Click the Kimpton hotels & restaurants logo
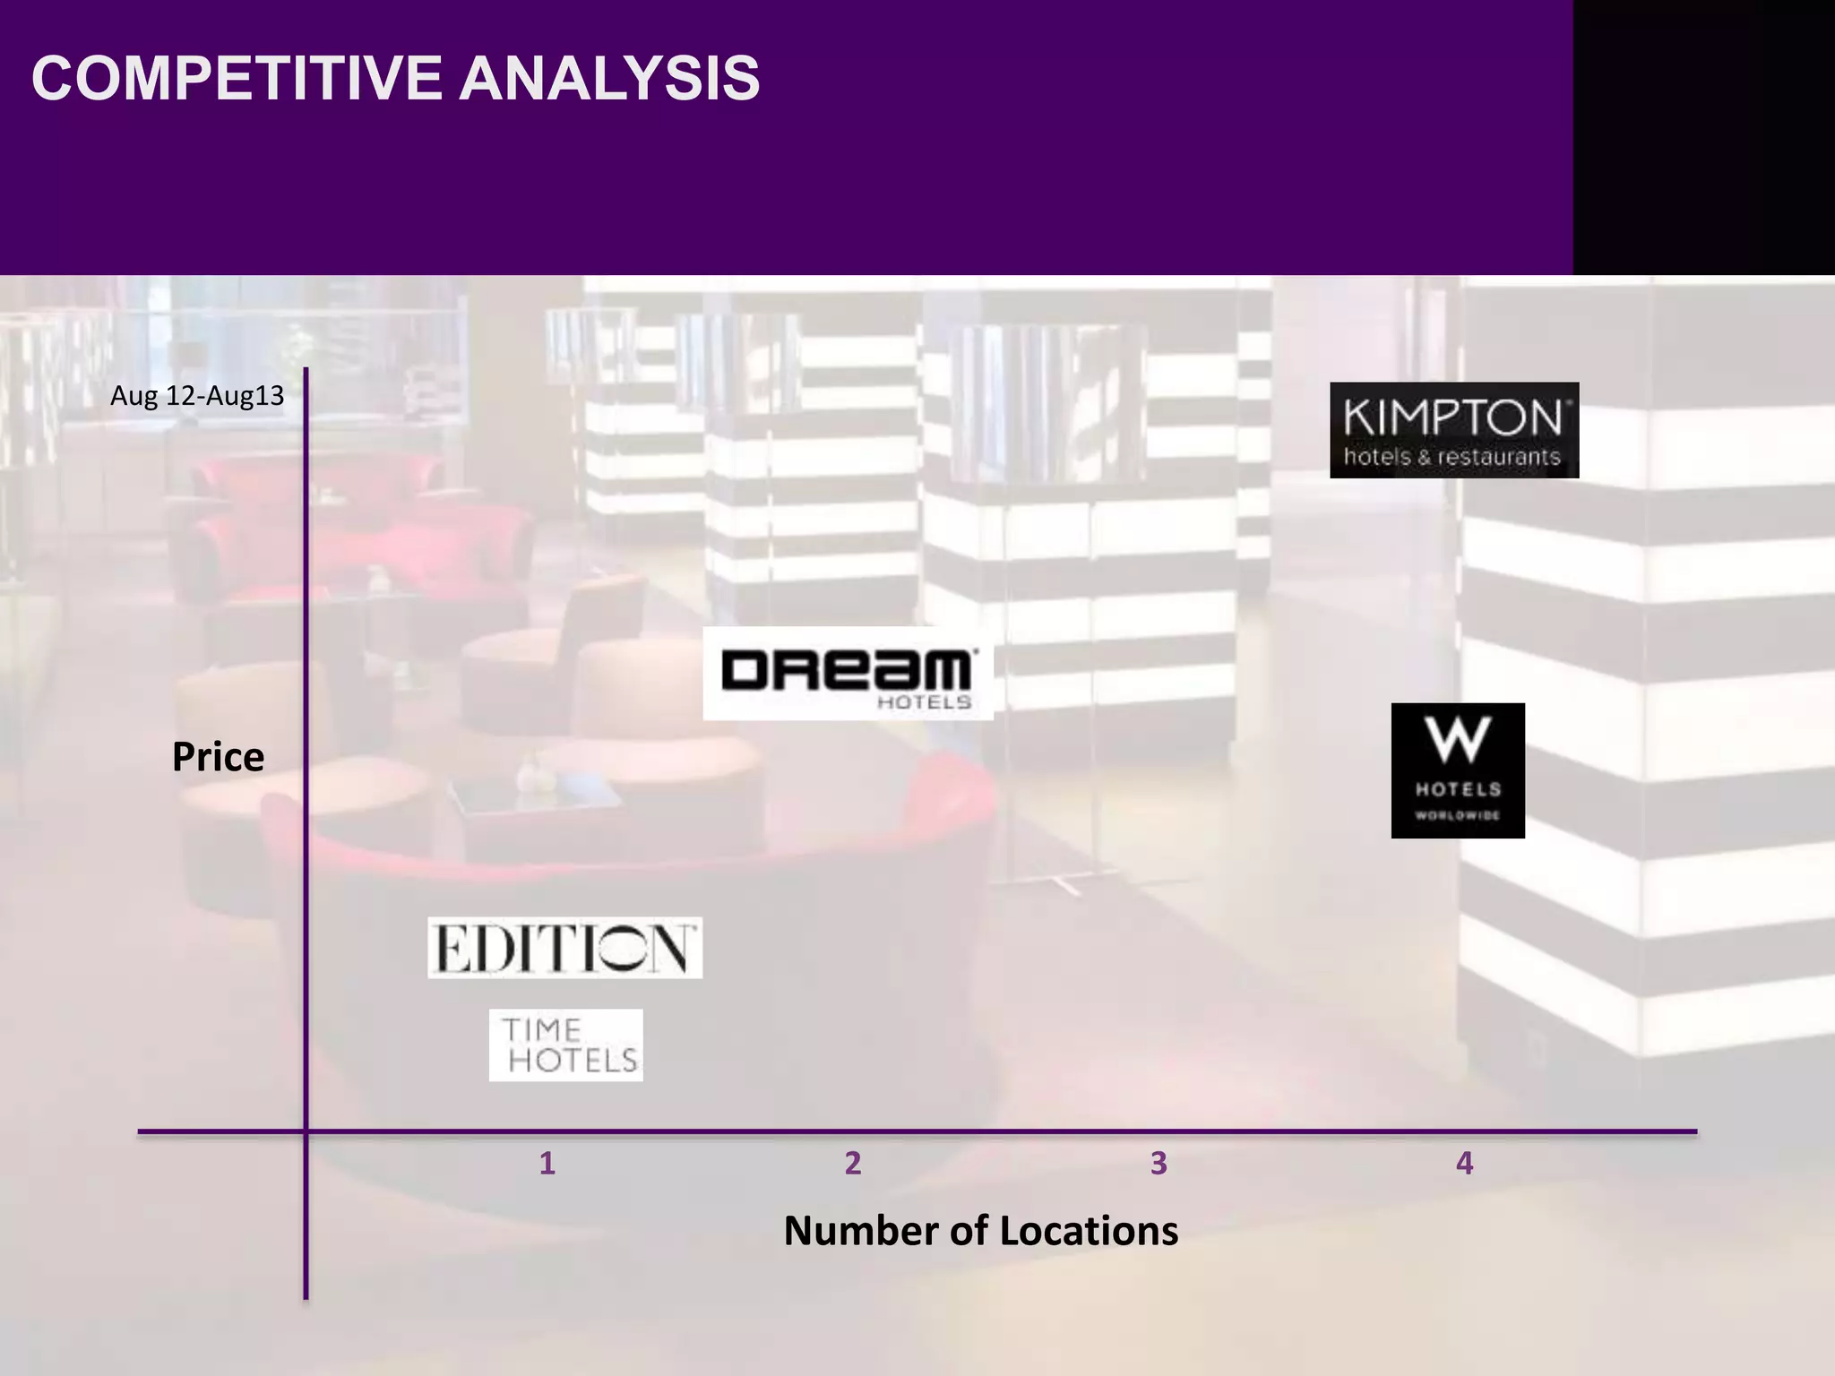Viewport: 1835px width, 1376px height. tap(1453, 430)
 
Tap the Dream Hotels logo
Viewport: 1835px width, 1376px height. tap(848, 673)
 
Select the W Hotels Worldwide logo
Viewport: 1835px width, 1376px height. tap(1458, 770)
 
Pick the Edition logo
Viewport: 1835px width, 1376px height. tap(564, 948)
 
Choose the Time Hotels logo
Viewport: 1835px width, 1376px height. tap(566, 1045)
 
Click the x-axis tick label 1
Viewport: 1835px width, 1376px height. tap(547, 1164)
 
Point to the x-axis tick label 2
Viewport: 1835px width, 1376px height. tap(853, 1164)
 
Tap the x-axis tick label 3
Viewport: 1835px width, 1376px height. tap(1159, 1164)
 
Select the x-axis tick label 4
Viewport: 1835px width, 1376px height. tap(1464, 1164)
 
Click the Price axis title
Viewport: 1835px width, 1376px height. tap(218, 757)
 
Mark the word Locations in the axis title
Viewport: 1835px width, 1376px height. tap(1089, 1231)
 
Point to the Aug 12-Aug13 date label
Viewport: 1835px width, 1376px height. tap(197, 396)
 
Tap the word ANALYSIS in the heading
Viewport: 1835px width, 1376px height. tap(609, 79)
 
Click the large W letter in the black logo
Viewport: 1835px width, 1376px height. tap(1459, 740)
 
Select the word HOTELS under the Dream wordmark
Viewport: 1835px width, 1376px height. tap(924, 702)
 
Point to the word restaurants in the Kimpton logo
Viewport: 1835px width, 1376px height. tap(1500, 457)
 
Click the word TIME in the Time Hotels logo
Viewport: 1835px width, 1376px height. tap(541, 1029)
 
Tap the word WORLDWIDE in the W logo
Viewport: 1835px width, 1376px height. tap(1458, 815)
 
